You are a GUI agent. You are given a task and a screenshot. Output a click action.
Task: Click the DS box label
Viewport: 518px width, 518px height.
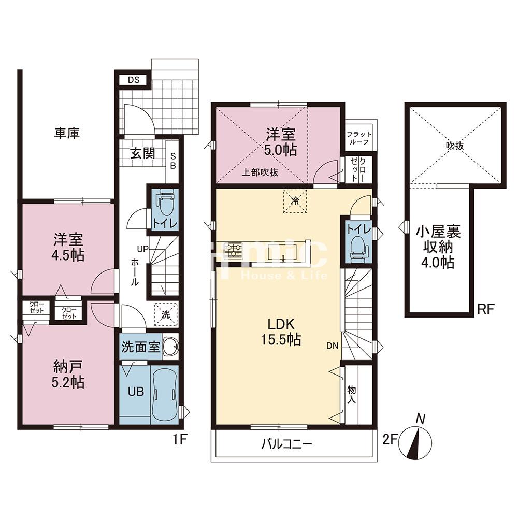134,80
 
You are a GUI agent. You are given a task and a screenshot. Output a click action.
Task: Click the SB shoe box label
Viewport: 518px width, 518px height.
173,161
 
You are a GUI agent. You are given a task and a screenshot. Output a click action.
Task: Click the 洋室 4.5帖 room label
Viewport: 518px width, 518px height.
69,248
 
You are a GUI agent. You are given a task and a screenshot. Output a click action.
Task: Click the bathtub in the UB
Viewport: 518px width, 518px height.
164,394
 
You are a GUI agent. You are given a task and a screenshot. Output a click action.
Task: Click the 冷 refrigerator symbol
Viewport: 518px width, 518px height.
295,201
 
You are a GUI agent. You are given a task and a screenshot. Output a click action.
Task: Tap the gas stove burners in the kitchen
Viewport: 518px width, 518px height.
233,250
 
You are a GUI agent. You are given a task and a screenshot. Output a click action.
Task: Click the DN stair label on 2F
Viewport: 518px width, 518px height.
333,346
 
